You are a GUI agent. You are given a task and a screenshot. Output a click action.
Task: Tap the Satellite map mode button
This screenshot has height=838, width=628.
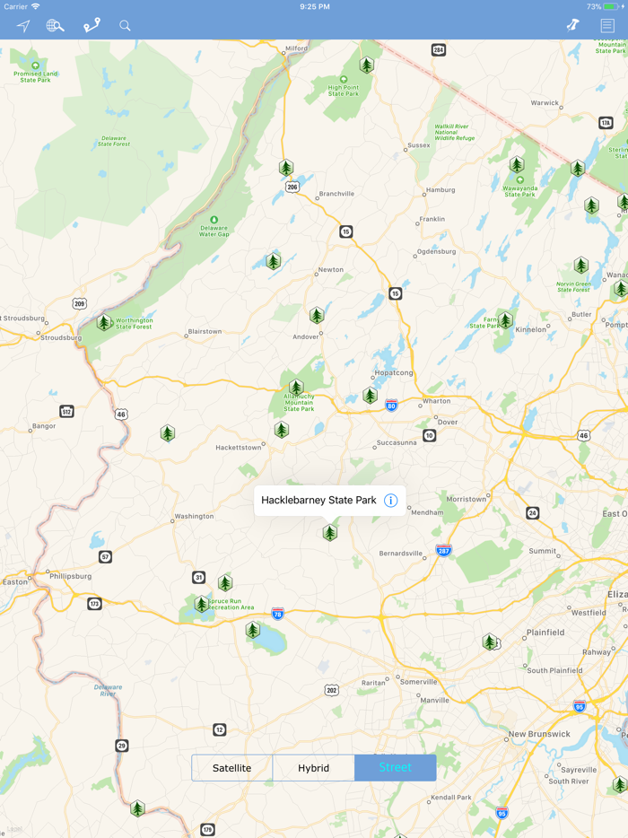[232, 768]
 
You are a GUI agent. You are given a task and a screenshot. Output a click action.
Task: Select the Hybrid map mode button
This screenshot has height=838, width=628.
[313, 768]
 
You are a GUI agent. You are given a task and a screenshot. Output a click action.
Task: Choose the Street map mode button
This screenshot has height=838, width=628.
[395, 768]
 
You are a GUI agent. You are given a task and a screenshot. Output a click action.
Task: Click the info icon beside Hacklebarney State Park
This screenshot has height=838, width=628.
[390, 501]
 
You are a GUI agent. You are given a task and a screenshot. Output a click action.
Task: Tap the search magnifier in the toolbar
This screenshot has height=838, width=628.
[125, 26]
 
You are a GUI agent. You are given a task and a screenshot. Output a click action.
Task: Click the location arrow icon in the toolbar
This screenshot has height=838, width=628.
[23, 26]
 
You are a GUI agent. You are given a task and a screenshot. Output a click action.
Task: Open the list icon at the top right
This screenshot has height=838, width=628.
[607, 26]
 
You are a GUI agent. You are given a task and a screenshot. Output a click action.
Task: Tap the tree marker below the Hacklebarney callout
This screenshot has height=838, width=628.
[330, 533]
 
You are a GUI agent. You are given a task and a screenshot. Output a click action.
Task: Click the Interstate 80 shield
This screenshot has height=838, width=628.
[391, 406]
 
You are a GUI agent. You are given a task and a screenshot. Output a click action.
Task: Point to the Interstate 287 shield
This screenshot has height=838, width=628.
[443, 550]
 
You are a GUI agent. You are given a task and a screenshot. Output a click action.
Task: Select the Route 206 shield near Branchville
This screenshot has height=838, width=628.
[292, 187]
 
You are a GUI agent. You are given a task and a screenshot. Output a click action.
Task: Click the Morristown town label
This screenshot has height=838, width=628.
[467, 499]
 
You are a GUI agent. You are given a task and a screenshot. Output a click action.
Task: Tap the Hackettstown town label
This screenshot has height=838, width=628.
[239, 447]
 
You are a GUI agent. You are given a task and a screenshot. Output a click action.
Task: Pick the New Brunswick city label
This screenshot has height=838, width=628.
[538, 734]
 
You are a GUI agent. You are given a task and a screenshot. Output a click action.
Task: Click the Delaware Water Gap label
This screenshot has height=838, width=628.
[214, 231]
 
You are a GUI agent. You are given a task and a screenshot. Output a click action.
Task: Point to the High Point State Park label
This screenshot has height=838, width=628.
[343, 91]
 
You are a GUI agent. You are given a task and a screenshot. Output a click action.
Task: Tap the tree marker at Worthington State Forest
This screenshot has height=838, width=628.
[104, 322]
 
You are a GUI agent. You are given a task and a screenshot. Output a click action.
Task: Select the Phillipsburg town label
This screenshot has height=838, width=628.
[70, 576]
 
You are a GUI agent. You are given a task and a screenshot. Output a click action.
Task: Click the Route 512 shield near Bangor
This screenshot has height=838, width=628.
[66, 412]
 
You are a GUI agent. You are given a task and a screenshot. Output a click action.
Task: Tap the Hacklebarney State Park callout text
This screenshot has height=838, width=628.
[318, 501]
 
